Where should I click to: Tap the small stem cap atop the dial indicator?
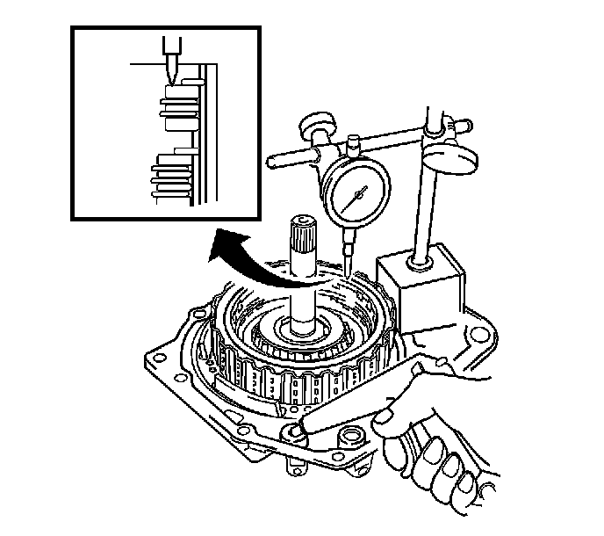point(354,141)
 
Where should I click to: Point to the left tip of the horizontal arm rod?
point(271,161)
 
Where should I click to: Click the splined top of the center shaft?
point(300,231)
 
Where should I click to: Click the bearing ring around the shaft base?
point(303,333)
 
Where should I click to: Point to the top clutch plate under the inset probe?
point(174,91)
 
